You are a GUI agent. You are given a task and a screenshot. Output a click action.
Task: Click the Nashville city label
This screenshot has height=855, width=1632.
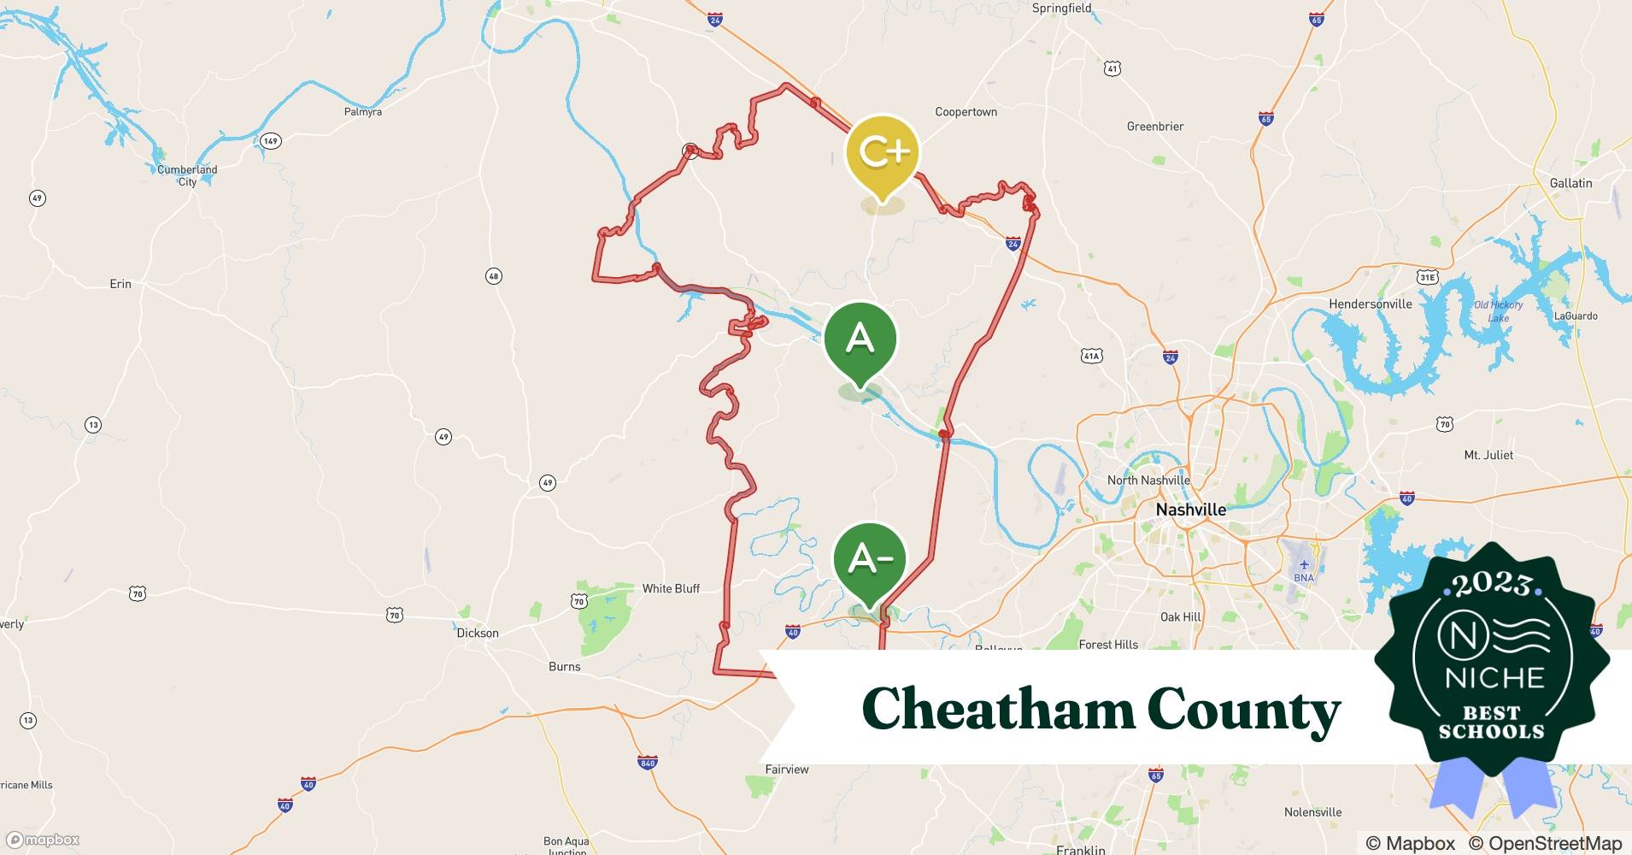(x=1190, y=510)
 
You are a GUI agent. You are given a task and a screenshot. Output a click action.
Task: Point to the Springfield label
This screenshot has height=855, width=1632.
(x=1061, y=9)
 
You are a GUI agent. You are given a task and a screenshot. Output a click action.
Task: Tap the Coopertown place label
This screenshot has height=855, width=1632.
(x=966, y=112)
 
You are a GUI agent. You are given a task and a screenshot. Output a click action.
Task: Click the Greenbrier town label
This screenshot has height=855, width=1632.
(x=1154, y=127)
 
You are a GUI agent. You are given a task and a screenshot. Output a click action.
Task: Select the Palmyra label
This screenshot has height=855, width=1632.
(x=362, y=112)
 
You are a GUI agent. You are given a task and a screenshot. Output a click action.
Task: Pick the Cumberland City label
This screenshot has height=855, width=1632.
(x=187, y=175)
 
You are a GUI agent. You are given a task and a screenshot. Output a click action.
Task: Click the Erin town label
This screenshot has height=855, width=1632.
(x=120, y=284)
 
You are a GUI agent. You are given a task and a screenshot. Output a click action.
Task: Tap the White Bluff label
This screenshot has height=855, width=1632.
(x=671, y=588)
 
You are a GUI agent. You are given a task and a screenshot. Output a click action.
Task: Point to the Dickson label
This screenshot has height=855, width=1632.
(x=478, y=633)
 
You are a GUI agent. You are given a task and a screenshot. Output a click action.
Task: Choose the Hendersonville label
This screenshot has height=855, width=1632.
(x=1370, y=304)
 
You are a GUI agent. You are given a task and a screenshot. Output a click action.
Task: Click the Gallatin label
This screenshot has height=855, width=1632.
(x=1570, y=183)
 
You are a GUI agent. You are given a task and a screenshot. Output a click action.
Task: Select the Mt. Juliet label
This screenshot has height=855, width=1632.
(x=1488, y=455)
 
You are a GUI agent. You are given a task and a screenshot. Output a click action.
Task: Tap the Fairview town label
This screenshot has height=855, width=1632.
(x=787, y=769)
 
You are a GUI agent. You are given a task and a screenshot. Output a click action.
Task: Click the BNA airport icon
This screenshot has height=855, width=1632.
(x=1304, y=565)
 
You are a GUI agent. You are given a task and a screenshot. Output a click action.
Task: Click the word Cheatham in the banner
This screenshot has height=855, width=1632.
(x=995, y=710)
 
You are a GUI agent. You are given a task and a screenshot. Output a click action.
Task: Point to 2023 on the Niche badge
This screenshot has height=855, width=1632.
(x=1491, y=584)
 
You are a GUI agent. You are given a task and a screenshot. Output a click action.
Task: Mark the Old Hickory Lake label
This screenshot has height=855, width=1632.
(x=1499, y=311)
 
